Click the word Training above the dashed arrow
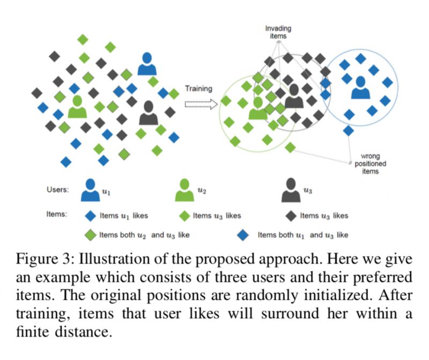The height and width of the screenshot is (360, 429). (198, 89)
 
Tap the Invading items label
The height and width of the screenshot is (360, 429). (276, 32)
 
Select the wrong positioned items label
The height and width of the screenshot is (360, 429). (367, 164)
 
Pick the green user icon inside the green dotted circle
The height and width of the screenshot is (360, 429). (258, 108)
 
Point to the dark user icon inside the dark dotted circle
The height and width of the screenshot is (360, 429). (293, 96)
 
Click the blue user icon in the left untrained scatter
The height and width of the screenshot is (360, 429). (146, 64)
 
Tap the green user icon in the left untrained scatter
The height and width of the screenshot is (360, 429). (77, 106)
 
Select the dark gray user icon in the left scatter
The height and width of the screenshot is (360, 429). (149, 113)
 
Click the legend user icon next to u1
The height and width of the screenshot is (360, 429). (91, 190)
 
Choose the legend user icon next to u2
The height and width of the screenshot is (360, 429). (184, 190)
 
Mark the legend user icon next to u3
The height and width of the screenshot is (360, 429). (290, 190)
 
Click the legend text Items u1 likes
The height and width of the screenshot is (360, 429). (123, 216)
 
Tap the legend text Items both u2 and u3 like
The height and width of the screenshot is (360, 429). (144, 234)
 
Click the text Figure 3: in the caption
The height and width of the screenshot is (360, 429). (44, 261)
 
